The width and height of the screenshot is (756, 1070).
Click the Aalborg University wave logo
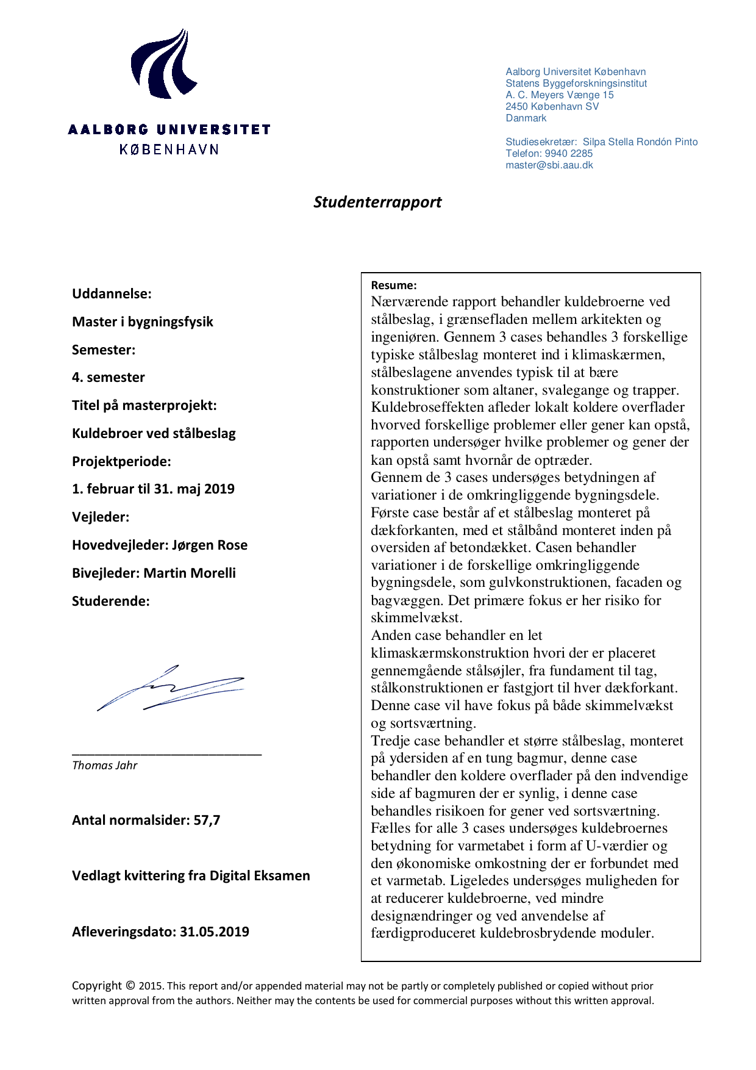163,64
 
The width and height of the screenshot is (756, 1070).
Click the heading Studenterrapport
377,202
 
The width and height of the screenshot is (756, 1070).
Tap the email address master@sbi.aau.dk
549,165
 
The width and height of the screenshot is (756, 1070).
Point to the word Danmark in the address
526,118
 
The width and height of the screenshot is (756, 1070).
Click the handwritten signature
171,688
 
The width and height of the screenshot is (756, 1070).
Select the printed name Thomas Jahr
104,766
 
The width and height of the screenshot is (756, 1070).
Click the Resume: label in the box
394,285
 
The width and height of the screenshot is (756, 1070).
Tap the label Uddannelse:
112,294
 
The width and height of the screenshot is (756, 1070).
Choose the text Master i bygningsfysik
143,322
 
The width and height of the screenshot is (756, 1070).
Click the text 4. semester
109,378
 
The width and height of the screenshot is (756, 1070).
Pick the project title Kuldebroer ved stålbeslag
154,434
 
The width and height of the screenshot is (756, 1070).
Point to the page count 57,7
207,820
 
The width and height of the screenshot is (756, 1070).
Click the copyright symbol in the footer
130,985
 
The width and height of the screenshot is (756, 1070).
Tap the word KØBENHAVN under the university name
169,149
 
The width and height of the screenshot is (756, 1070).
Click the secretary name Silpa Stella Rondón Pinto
640,142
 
